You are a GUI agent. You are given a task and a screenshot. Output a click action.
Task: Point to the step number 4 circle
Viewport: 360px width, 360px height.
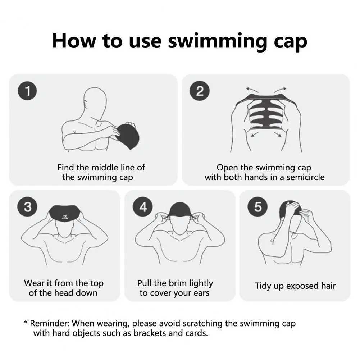(x=143, y=207)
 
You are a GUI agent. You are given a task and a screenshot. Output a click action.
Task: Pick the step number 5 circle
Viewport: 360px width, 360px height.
(x=258, y=207)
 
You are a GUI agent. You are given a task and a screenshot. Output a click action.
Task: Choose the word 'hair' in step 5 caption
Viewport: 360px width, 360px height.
(x=328, y=286)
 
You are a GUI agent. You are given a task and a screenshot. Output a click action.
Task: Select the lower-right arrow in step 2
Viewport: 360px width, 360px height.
(x=278, y=134)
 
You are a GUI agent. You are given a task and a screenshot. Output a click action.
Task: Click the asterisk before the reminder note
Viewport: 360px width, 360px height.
(x=26, y=323)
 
